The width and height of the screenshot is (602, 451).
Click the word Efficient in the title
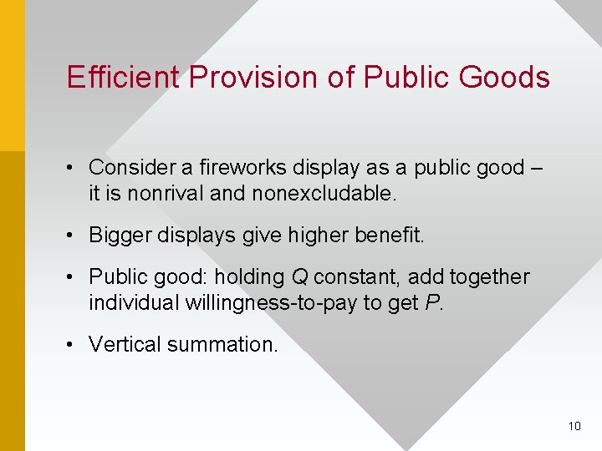(x=124, y=77)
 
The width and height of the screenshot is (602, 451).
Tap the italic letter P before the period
(x=431, y=302)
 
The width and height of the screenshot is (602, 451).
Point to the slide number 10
(x=574, y=426)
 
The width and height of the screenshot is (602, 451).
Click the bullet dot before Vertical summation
(x=74, y=343)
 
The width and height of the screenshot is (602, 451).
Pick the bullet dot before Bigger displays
(x=74, y=236)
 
